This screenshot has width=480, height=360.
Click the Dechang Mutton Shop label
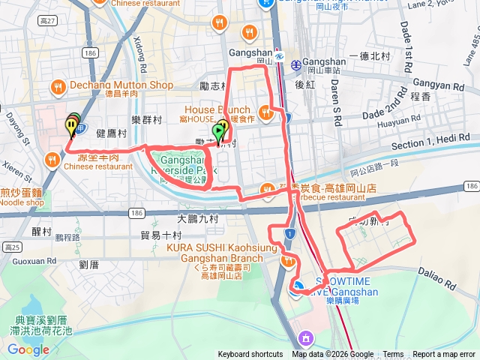coord(120,85)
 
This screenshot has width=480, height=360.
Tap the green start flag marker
coord(217,132)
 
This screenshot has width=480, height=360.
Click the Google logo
coord(28,349)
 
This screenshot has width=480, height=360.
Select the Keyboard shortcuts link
coord(250,355)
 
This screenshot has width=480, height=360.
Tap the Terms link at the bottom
coord(393,355)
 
